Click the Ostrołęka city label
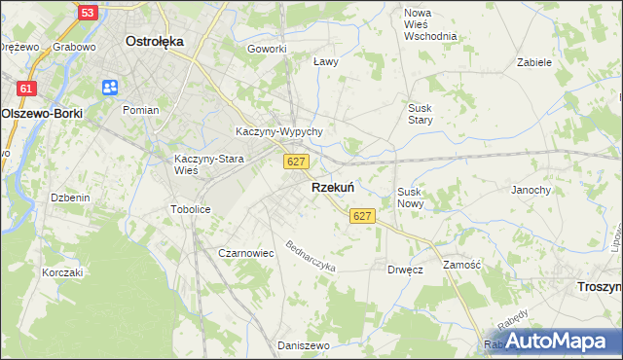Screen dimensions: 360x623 pos(156,42)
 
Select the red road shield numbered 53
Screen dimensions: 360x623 pos(88,13)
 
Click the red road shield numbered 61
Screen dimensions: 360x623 pos(27,89)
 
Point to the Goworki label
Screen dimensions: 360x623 pos(267,49)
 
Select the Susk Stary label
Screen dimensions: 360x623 pos(421,114)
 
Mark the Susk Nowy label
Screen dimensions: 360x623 pos(410,198)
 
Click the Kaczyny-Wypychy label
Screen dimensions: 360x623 pos(278,131)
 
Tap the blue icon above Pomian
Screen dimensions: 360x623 pos(109,89)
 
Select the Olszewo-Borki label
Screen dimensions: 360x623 pos(42,113)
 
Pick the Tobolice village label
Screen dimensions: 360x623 pos(191,209)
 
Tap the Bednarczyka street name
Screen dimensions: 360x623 pos(311,257)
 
